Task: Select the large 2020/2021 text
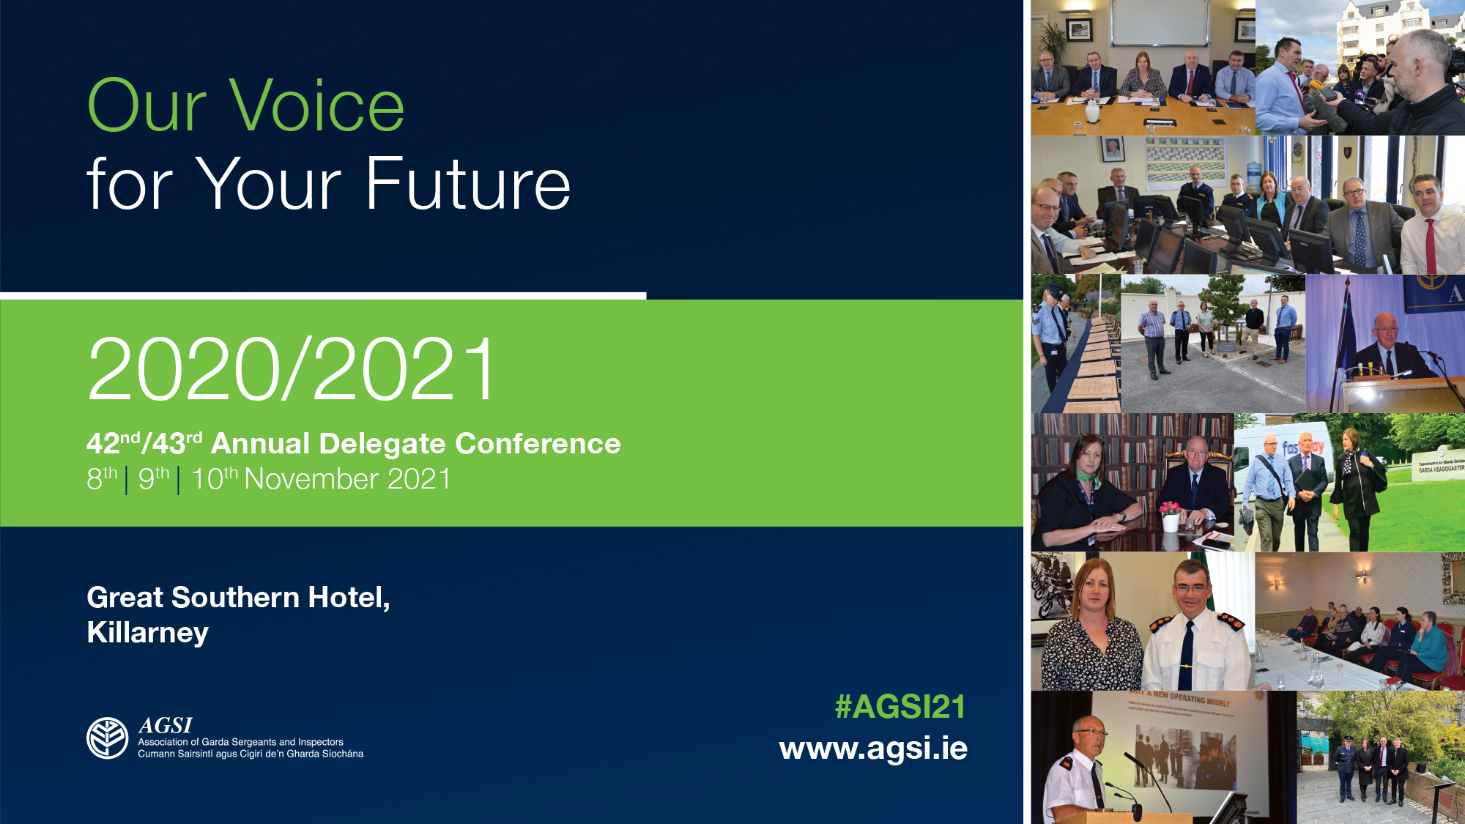coord(292,369)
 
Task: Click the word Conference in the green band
coord(538,444)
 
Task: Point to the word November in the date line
coord(311,480)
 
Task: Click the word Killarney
coord(148,633)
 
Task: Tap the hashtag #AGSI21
coord(900,708)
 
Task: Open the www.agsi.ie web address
coord(873,749)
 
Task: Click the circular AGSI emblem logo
coord(108,738)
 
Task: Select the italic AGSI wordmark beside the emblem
coord(166,726)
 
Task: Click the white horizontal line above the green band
coord(322,296)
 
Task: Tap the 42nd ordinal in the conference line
coord(113,444)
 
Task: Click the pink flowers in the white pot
coord(1170,507)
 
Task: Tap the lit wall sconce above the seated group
coord(1362,575)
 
